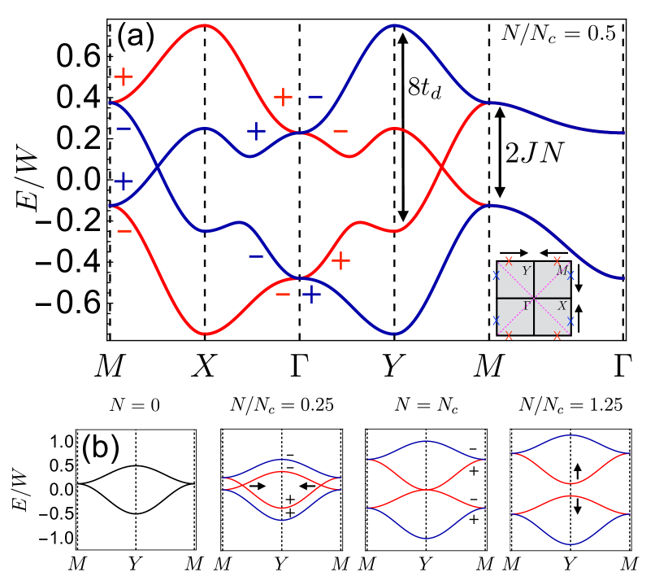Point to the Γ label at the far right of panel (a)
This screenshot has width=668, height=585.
(x=623, y=368)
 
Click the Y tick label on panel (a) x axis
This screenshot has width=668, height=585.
(x=394, y=368)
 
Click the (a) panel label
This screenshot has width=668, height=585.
(x=135, y=37)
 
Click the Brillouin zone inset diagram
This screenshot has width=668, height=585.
(x=534, y=297)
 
